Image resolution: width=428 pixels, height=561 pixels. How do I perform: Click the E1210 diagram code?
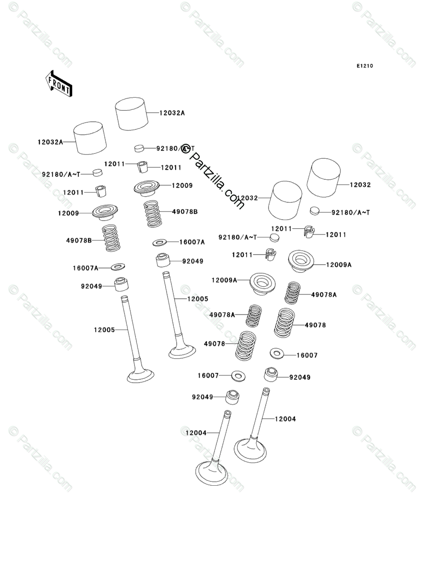pyautogui.click(x=364, y=66)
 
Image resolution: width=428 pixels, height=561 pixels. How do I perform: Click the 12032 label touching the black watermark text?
pyautogui.click(x=248, y=198)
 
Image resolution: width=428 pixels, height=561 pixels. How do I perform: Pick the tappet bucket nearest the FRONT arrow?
pyautogui.click(x=90, y=138)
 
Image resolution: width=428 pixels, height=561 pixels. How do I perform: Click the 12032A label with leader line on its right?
pyautogui.click(x=50, y=142)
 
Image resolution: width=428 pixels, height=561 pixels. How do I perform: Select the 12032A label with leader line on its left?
pyautogui.click(x=172, y=113)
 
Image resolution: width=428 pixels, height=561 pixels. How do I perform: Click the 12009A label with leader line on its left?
pyautogui.click(x=339, y=264)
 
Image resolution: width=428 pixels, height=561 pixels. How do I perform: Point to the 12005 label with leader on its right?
pyautogui.click(x=104, y=329)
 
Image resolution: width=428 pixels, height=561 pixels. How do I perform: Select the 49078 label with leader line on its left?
pyautogui.click(x=315, y=325)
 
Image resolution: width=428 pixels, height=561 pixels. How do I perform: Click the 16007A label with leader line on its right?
pyautogui.click(x=85, y=268)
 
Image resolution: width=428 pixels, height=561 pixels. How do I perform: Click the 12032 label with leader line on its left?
pyautogui.click(x=360, y=185)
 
